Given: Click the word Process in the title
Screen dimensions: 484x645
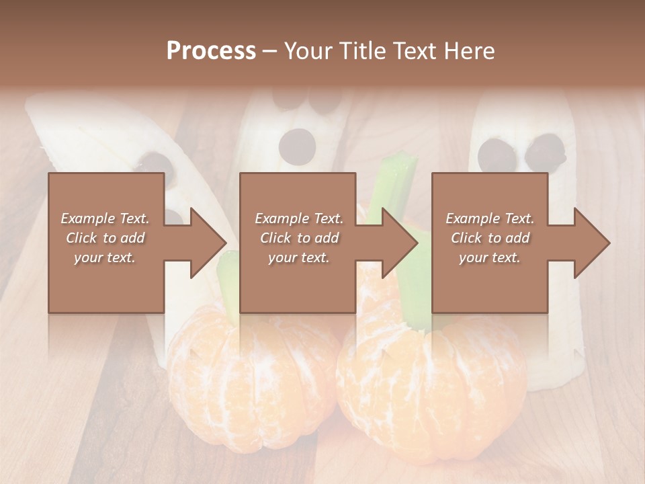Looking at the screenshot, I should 211,51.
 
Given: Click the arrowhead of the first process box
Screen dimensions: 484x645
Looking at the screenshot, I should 208,243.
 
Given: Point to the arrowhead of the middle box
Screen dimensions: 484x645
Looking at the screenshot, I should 400,243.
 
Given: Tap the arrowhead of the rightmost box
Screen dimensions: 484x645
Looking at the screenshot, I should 592,243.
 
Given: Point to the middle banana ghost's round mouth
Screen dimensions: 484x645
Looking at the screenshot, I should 297,144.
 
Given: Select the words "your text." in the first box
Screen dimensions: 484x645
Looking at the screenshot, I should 105,257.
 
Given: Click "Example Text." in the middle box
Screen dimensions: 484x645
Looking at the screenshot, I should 298,218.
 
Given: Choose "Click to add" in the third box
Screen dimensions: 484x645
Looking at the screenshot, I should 490,238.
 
